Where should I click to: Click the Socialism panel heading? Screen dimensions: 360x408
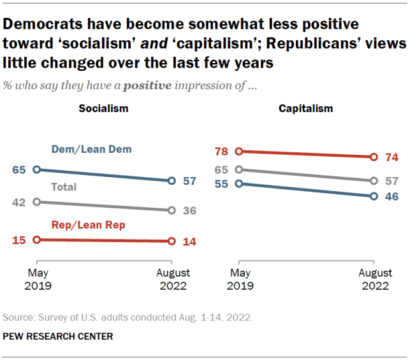pos(103,108)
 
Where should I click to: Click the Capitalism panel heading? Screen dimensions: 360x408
pos(305,108)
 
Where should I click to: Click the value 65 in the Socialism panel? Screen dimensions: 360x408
pos(18,170)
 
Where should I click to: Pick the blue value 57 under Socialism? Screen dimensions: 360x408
pos(189,181)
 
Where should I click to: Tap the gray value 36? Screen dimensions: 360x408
pos(189,210)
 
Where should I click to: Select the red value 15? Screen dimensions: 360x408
pos(18,240)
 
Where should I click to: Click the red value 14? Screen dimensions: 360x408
pos(189,241)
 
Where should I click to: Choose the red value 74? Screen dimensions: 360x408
pos(391,157)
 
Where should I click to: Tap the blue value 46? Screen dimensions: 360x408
pos(391,196)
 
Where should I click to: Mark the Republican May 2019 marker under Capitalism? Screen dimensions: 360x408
pos(239,152)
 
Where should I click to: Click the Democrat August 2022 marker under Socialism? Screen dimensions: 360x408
pos(171,181)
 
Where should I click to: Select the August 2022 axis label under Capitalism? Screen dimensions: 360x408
pos(374,280)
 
